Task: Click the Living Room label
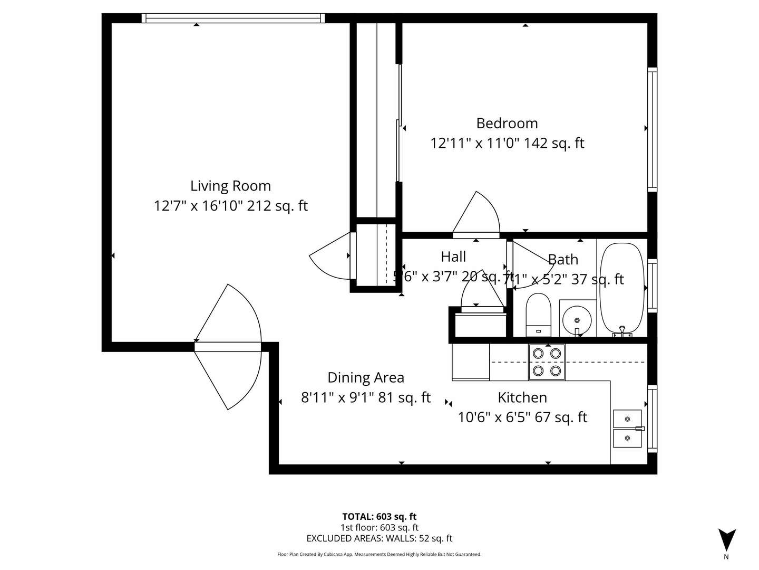click(230, 186)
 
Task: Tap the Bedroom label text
click(507, 123)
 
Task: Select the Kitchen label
click(522, 397)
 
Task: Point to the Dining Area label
click(365, 377)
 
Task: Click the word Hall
click(453, 256)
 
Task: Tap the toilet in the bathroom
click(538, 315)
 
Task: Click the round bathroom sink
click(577, 319)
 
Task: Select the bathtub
click(622, 289)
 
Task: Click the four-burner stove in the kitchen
click(547, 362)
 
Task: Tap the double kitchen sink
click(627, 429)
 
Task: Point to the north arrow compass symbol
click(726, 540)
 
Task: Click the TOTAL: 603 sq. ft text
click(379, 517)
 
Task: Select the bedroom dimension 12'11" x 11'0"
click(475, 143)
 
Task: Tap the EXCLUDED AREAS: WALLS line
click(379, 538)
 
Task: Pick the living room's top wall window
click(233, 18)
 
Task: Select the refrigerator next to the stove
click(471, 362)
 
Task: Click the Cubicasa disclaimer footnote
click(379, 554)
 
